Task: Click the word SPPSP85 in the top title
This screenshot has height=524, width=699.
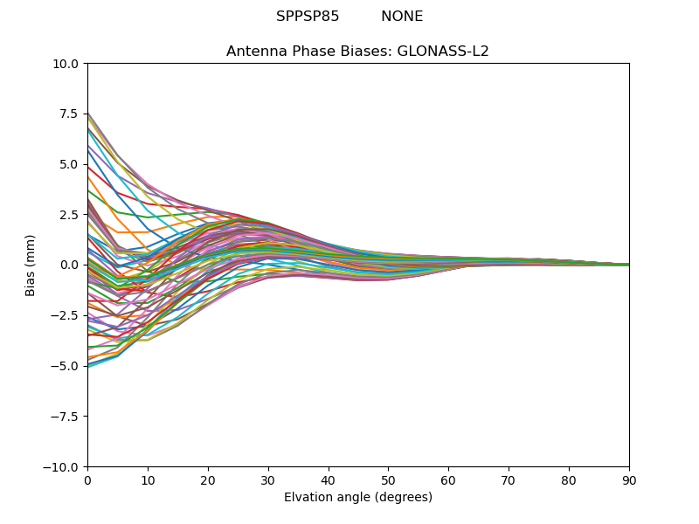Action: click(x=308, y=17)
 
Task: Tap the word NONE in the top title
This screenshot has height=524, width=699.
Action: click(x=402, y=17)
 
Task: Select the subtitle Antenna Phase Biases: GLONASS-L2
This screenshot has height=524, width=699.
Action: click(x=357, y=52)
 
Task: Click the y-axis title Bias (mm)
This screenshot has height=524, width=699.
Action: click(x=31, y=265)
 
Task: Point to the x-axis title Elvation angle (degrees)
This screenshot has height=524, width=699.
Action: click(x=357, y=498)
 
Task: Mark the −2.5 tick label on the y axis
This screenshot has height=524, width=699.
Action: click(x=66, y=315)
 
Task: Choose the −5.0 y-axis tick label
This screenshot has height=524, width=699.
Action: click(x=66, y=366)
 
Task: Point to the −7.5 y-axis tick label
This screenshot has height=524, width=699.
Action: click(x=66, y=417)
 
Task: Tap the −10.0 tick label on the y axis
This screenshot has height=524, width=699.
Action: click(x=62, y=467)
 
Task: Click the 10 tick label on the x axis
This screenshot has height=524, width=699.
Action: click(x=148, y=480)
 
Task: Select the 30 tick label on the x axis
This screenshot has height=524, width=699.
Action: click(x=268, y=480)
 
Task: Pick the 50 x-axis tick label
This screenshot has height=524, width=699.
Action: click(x=388, y=480)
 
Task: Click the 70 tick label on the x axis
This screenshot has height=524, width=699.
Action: click(x=509, y=480)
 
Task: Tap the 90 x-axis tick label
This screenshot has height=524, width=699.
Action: click(x=629, y=480)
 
